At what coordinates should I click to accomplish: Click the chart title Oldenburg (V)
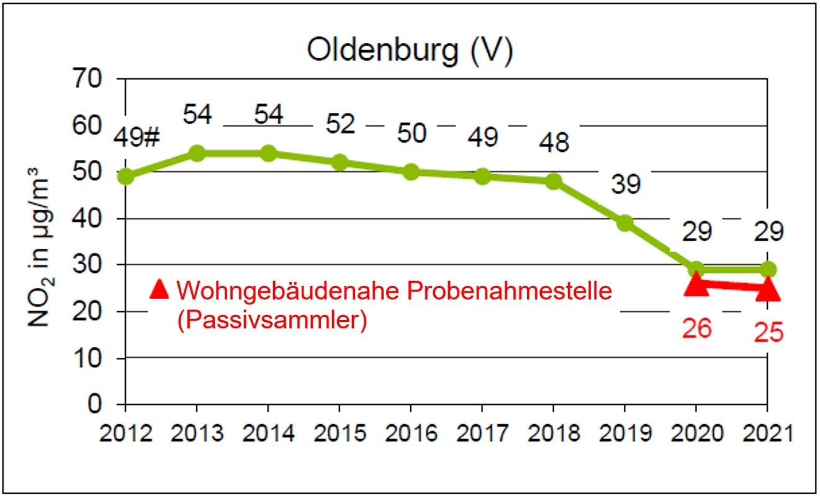point(410,52)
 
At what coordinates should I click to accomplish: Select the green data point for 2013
point(197,153)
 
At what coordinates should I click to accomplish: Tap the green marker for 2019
point(624,223)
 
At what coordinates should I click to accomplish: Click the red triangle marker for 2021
point(768,288)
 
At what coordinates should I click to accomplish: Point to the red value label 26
point(696,329)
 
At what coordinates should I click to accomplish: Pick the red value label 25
point(768,333)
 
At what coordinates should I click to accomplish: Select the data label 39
point(624,184)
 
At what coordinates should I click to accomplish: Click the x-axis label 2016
point(410,432)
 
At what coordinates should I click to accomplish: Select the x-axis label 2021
point(768,432)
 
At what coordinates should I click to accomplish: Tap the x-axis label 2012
point(125,432)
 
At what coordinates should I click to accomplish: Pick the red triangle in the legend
point(160,289)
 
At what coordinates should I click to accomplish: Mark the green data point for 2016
point(410,172)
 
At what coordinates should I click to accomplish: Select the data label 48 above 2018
point(553,143)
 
